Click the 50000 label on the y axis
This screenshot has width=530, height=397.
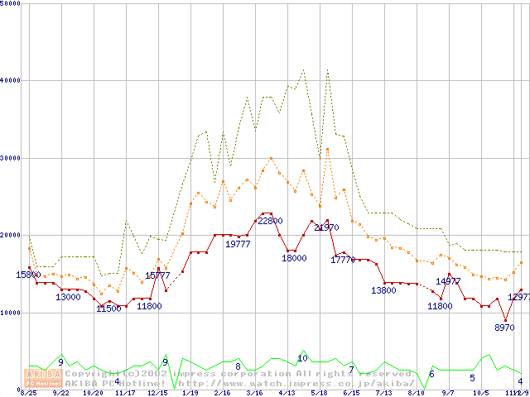[x=11, y=3]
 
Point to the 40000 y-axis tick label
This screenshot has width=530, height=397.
[x=11, y=80]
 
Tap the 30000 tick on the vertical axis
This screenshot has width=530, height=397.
[x=11, y=158]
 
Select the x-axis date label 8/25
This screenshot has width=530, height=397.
[x=29, y=393]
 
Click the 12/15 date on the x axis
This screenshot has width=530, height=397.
[x=157, y=393]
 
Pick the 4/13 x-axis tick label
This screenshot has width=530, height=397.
[x=287, y=393]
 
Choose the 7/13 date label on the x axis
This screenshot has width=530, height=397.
[x=383, y=393]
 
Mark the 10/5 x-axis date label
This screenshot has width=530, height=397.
[x=481, y=393]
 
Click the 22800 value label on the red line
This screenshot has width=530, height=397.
[x=270, y=221]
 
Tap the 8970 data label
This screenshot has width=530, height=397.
[x=504, y=328]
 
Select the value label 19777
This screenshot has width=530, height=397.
[x=238, y=244]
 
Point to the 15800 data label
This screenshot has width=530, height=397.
[x=29, y=275]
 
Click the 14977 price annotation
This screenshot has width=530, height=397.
[x=448, y=281]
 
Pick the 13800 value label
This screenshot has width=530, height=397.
[x=383, y=290]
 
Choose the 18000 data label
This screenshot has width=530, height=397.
[x=294, y=258]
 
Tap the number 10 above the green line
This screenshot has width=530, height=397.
[x=302, y=358]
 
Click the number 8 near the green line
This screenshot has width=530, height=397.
[x=238, y=366]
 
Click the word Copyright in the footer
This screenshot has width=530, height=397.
[x=93, y=374]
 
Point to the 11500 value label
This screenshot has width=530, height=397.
[x=108, y=309]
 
